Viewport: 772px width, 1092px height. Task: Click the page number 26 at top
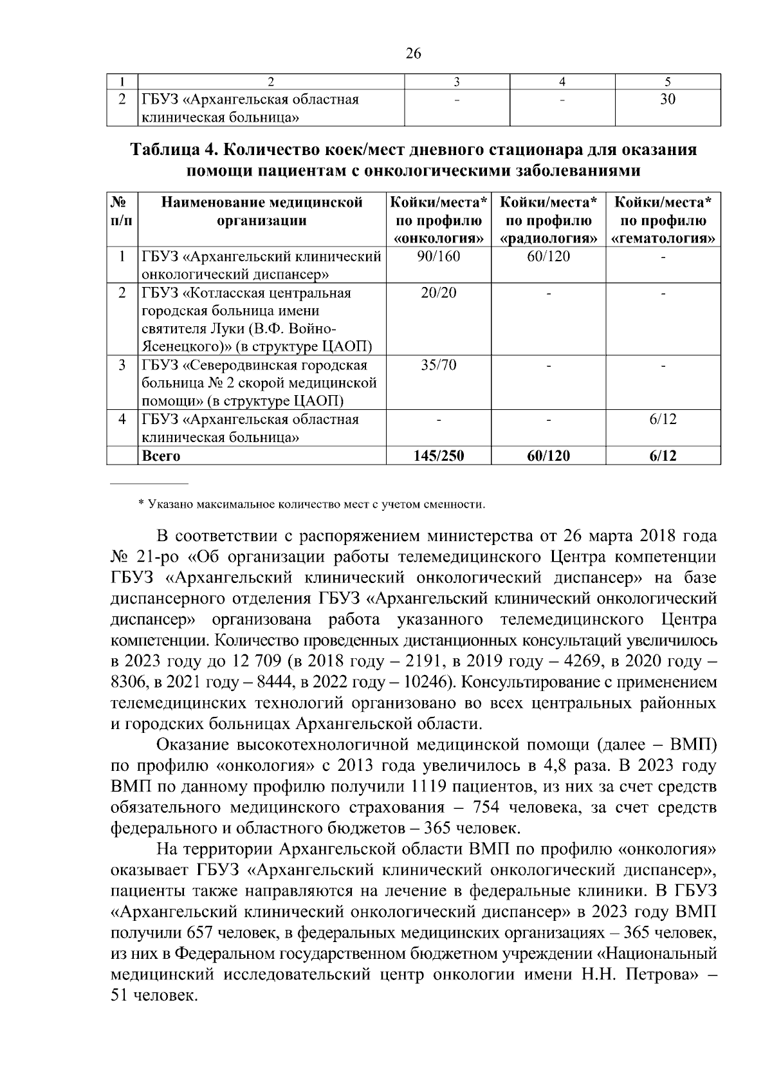tap(413, 54)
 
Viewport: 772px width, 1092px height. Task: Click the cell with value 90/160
tap(438, 257)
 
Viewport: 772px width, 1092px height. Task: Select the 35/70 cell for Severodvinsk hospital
tap(438, 366)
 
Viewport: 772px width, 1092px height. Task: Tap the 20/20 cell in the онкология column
tap(438, 293)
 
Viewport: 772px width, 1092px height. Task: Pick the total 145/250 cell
tap(439, 456)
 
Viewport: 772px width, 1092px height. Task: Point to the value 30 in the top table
tap(668, 100)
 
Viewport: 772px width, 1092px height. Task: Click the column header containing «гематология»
tap(663, 221)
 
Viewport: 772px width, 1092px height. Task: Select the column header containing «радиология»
tap(548, 221)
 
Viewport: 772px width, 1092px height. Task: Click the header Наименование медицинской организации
tap(261, 212)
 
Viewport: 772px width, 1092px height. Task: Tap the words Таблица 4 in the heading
tap(169, 150)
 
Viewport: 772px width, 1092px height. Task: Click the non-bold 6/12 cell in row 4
tap(663, 420)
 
